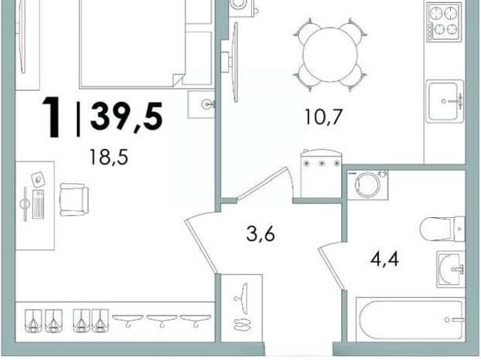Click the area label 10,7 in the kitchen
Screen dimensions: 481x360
[323, 116]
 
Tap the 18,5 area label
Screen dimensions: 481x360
[108, 156]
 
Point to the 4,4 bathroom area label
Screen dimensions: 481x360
[384, 259]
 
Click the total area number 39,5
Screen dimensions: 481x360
[126, 116]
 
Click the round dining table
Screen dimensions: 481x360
[330, 55]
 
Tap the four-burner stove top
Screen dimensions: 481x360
[444, 22]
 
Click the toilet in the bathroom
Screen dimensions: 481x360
[443, 228]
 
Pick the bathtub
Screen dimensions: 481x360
[411, 319]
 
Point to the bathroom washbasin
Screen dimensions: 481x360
[451, 269]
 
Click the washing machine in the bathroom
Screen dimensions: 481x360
[368, 185]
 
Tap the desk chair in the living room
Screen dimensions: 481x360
[74, 199]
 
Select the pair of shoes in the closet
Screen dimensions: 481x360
[242, 325]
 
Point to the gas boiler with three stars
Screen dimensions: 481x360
[321, 174]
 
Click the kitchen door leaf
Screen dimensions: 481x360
[262, 183]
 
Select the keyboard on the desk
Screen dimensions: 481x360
[38, 204]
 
